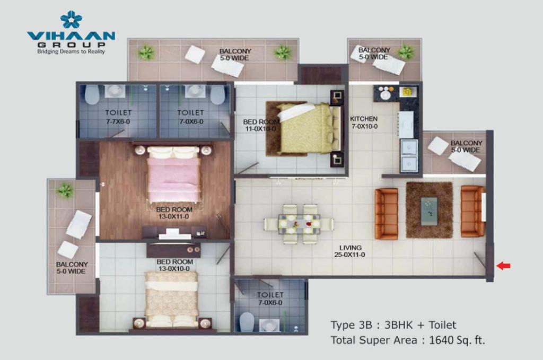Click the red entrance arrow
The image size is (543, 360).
point(503,266)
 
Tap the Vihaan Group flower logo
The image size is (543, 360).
point(71,20)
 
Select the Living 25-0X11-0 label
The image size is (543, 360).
point(350,251)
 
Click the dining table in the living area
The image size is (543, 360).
point(299,224)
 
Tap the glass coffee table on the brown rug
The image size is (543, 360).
point(429,211)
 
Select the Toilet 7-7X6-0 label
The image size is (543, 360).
point(118,117)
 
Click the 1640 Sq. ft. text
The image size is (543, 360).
point(457,340)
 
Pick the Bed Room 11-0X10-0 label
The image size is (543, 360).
point(261,125)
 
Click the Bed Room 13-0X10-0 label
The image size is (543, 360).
point(174,265)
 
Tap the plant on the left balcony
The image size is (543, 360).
point(65,190)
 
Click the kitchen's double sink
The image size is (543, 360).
point(409,155)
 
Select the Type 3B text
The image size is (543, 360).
point(351,325)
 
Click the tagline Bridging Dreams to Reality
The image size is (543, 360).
point(71,51)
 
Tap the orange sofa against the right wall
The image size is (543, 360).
point(472,211)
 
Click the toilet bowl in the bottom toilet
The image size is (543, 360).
point(247,322)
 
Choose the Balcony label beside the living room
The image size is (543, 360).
point(466,146)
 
